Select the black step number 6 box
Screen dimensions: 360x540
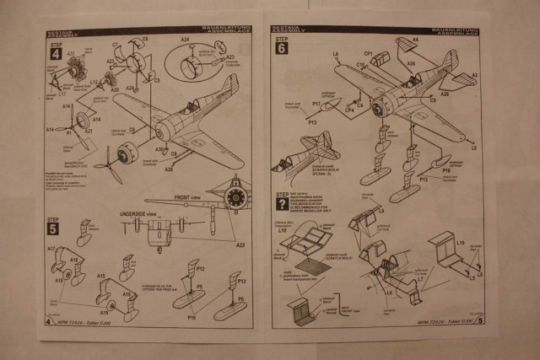point(280,49)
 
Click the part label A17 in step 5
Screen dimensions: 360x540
point(51,249)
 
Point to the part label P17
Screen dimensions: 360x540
point(316,104)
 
